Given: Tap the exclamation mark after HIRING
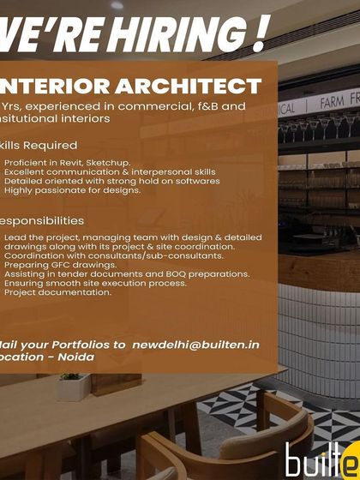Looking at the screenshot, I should [x=257, y=34].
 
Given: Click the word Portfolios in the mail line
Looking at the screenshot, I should [x=93, y=345].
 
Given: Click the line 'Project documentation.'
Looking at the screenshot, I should [x=58, y=292].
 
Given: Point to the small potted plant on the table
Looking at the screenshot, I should [x=75, y=384].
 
